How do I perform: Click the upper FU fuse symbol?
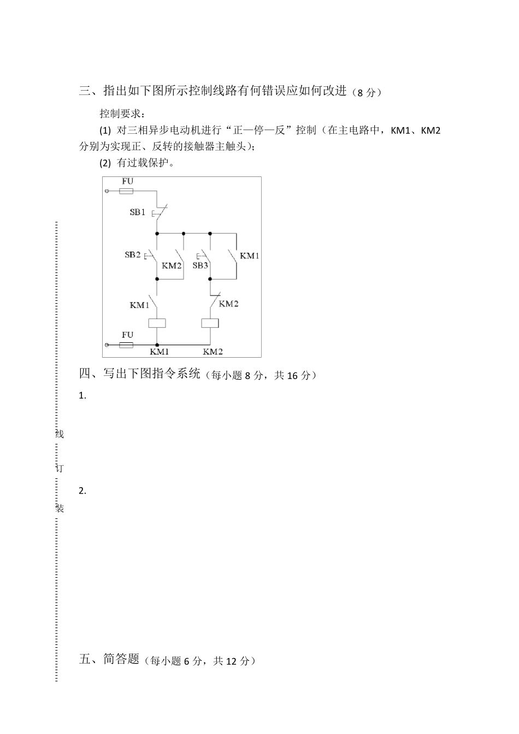click(x=127, y=191)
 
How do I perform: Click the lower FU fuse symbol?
click(x=127, y=345)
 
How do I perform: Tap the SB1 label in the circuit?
click(x=137, y=212)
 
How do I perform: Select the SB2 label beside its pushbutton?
click(x=133, y=254)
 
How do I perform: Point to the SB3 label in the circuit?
click(x=200, y=265)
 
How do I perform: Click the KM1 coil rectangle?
click(x=157, y=323)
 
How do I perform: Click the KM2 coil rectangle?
click(x=210, y=323)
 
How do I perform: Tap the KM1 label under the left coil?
click(x=160, y=352)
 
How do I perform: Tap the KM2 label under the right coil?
click(x=213, y=352)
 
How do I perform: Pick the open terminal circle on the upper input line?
click(x=107, y=191)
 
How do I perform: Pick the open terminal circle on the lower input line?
click(x=107, y=345)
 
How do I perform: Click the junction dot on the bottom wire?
click(x=157, y=345)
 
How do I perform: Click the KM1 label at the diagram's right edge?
click(x=250, y=256)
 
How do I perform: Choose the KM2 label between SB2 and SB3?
click(x=172, y=265)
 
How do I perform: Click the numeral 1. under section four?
click(x=82, y=396)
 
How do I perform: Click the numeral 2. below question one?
click(x=82, y=490)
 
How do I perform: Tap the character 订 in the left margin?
click(x=60, y=469)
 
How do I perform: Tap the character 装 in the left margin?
click(x=60, y=508)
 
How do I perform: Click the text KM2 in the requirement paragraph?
click(x=431, y=131)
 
